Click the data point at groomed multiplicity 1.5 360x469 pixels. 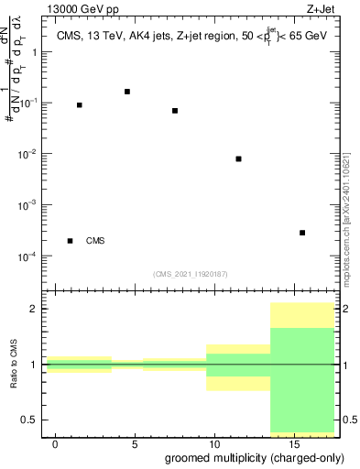click(x=80, y=105)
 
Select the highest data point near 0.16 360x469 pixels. click(x=127, y=92)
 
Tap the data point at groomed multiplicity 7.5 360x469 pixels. click(x=175, y=111)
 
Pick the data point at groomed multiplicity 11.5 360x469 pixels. click(x=238, y=158)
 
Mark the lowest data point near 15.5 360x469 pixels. click(x=302, y=233)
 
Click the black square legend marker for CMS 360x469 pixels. click(x=71, y=241)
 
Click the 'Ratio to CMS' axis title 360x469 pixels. click(x=14, y=364)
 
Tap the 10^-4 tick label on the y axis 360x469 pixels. click(x=27, y=256)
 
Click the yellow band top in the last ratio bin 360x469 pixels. click(x=302, y=303)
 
